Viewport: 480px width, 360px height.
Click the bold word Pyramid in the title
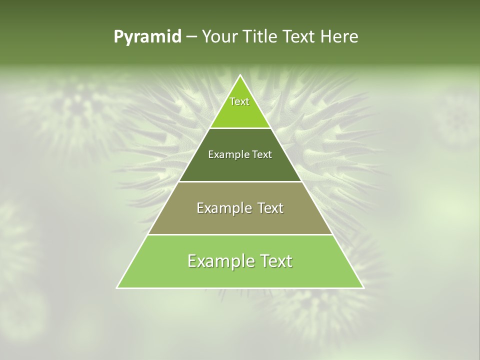coord(147,37)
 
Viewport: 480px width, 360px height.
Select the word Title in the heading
coord(262,37)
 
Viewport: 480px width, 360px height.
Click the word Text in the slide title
coord(299,37)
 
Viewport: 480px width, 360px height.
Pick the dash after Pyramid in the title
coord(191,37)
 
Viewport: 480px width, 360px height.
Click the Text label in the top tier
coord(239,101)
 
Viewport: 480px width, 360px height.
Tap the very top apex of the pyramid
coord(240,75)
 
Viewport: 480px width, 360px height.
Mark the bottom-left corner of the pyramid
coord(117,287)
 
